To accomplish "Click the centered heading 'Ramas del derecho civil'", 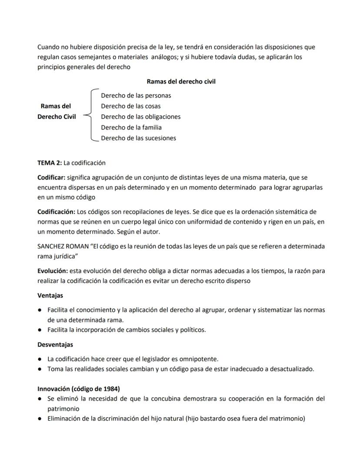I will click(181, 81).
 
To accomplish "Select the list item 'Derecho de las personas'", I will click(136, 95).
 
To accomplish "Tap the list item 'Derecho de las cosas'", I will click(131, 106).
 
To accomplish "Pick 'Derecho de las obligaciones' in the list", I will click(141, 117).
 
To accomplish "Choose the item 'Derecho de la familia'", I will click(131, 127).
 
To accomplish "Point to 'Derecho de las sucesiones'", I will click(139, 138).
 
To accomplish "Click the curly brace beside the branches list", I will click(88, 116).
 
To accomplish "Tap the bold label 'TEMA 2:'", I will click(50, 163).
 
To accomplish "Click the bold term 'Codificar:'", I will click(51, 178).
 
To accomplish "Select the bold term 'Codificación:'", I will click(56, 212).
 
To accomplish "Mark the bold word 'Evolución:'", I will click(53, 271).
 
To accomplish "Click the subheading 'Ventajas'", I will click(50, 295).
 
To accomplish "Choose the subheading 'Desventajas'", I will click(55, 344).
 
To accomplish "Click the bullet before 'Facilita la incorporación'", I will click(40, 330).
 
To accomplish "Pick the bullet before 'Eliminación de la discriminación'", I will click(40, 419).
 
